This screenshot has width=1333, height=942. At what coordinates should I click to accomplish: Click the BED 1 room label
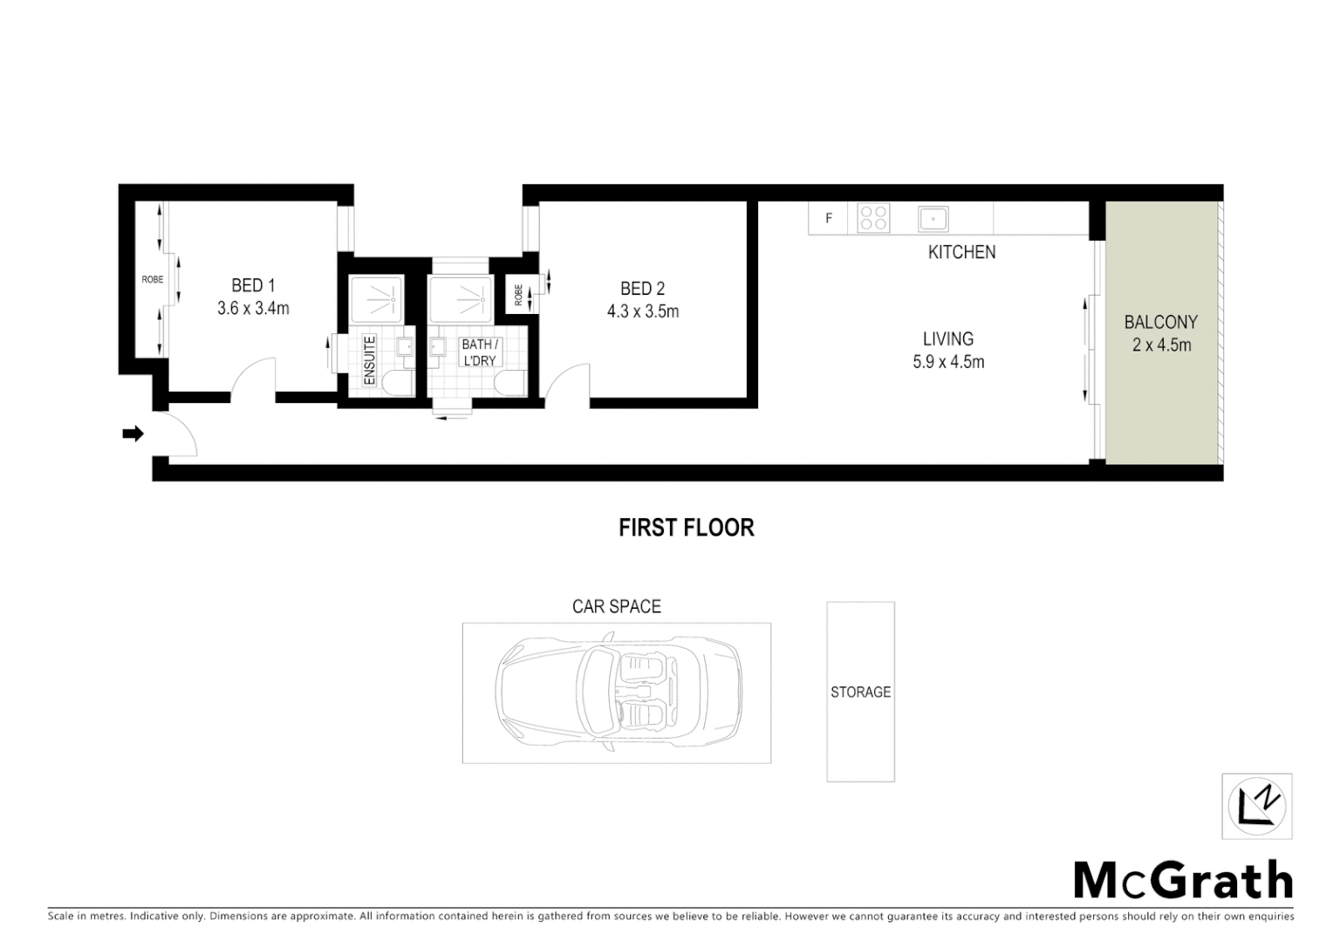[x=253, y=285]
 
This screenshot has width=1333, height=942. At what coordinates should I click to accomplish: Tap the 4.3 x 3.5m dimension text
[x=643, y=311]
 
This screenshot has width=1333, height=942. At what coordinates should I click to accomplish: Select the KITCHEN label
[x=961, y=252]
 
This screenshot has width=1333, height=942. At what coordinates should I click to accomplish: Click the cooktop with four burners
[x=873, y=217]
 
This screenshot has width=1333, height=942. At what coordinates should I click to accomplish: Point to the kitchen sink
[x=933, y=217]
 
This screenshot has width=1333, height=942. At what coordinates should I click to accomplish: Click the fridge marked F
[x=829, y=218]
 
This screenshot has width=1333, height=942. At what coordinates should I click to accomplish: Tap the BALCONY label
[x=1160, y=322]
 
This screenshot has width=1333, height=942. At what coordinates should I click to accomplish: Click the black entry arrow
[x=133, y=433]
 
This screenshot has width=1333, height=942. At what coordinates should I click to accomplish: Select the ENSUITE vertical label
[x=369, y=360]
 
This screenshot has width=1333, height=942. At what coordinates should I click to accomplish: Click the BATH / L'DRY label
[x=480, y=352]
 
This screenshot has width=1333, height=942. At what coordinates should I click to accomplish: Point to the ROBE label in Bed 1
[x=152, y=280]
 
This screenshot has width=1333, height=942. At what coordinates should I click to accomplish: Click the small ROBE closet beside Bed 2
[x=517, y=296]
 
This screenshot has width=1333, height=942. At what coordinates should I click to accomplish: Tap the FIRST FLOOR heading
[x=686, y=528]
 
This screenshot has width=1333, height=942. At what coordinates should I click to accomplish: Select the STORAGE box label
[x=860, y=692]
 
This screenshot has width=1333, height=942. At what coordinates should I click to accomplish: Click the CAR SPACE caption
[x=616, y=606]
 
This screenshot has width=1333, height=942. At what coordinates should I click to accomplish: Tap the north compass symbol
[x=1256, y=806]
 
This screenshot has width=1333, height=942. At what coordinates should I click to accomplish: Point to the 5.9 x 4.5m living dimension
[x=948, y=362]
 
